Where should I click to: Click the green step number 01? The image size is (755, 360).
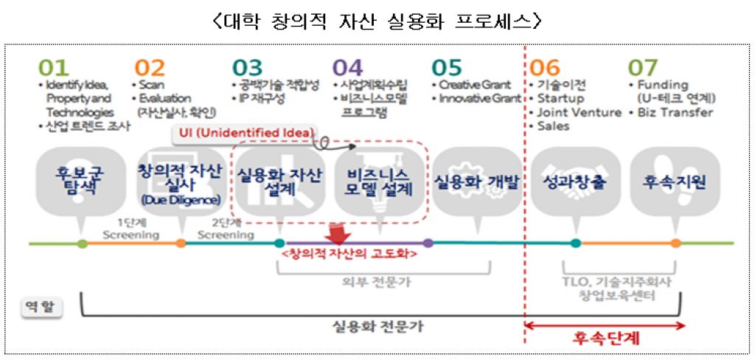[x=53, y=68]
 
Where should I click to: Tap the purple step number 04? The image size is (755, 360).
[x=348, y=68]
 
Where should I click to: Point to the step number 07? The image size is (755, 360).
[x=642, y=68]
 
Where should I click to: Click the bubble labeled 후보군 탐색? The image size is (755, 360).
[x=81, y=179]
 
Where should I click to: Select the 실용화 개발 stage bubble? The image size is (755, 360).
[x=476, y=181]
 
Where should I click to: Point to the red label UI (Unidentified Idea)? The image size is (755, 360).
[x=244, y=134]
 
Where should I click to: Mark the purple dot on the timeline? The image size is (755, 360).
[x=428, y=243]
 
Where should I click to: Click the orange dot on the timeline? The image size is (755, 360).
[x=181, y=243]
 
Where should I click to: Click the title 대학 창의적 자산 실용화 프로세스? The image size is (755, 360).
[x=377, y=21]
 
